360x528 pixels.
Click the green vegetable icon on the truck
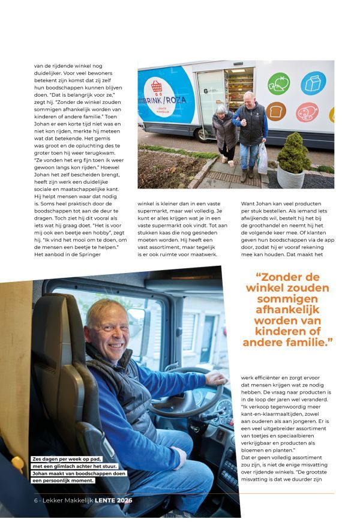(278, 84)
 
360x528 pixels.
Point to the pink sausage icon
(307, 112)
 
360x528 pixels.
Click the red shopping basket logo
(157, 87)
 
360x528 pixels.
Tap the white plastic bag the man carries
(263, 158)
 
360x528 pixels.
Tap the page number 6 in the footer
(36, 500)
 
